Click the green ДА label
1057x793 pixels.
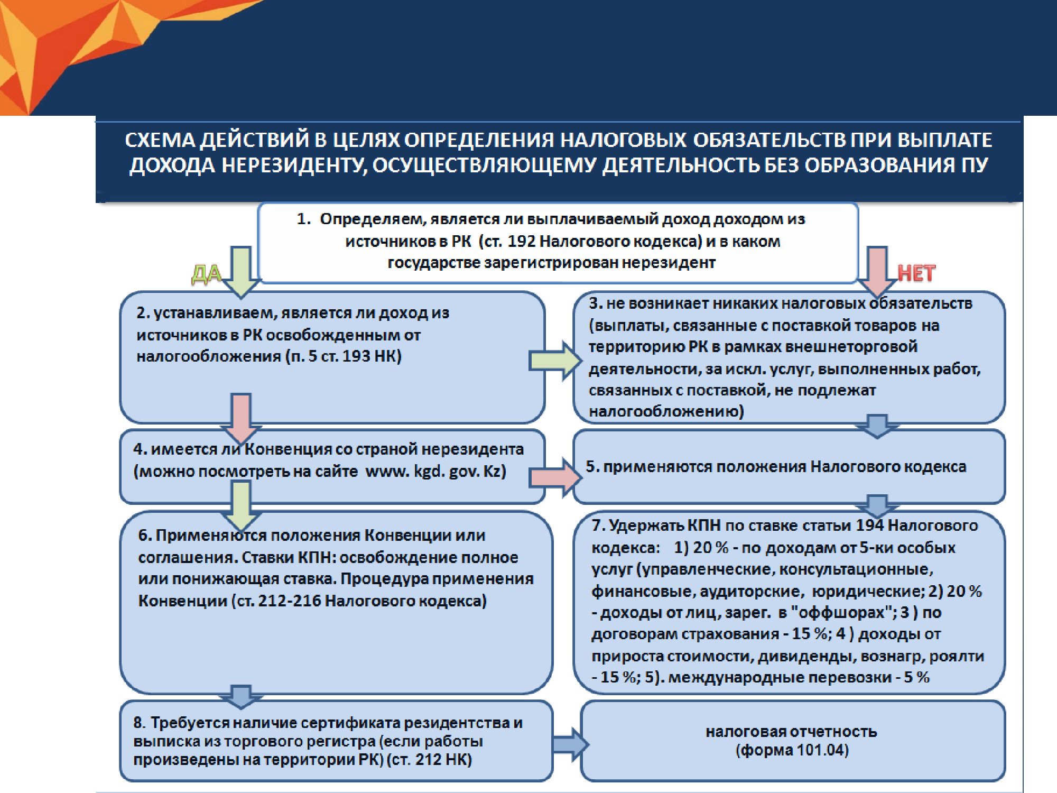(206, 275)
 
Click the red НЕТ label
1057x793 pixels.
(917, 273)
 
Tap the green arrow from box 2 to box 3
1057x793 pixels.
(555, 361)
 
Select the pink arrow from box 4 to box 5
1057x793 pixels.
(555, 478)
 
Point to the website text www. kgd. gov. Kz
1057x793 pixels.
(435, 471)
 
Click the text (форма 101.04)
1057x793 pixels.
(792, 751)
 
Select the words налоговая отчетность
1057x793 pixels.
(791, 732)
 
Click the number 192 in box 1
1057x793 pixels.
(522, 241)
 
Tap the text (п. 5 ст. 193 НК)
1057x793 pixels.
(344, 356)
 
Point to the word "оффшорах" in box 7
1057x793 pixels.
(840, 612)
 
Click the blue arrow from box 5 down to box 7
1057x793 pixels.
(877, 506)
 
